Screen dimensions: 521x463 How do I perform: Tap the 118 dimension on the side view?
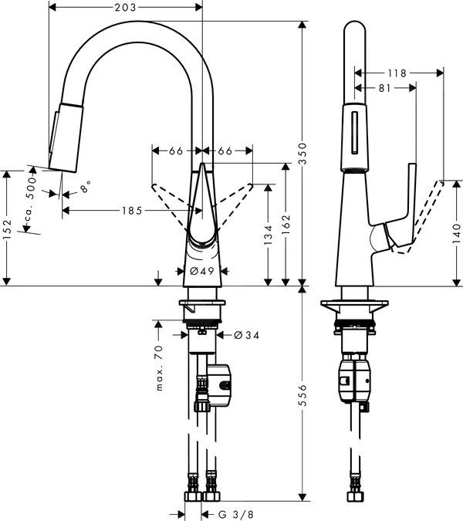click(x=397, y=73)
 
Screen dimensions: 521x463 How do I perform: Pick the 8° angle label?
click(x=87, y=187)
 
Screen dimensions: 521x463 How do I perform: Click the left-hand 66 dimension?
click(x=176, y=151)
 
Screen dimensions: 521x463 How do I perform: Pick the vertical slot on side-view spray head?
click(x=355, y=134)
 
